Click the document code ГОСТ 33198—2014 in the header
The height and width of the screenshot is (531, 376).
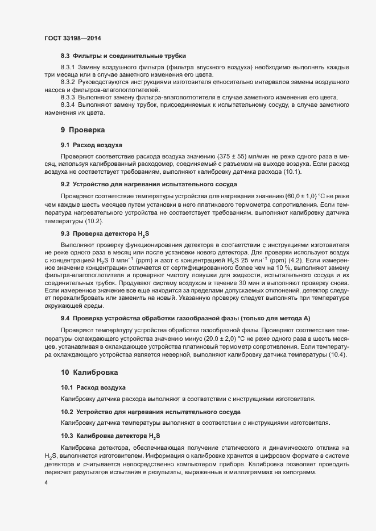point(73,37)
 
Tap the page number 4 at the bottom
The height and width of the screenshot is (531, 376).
point(46,483)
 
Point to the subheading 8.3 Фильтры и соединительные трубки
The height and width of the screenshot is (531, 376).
point(123,56)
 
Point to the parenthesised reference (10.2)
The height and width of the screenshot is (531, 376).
point(94,220)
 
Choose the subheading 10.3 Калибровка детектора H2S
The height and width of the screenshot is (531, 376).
point(111,436)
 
